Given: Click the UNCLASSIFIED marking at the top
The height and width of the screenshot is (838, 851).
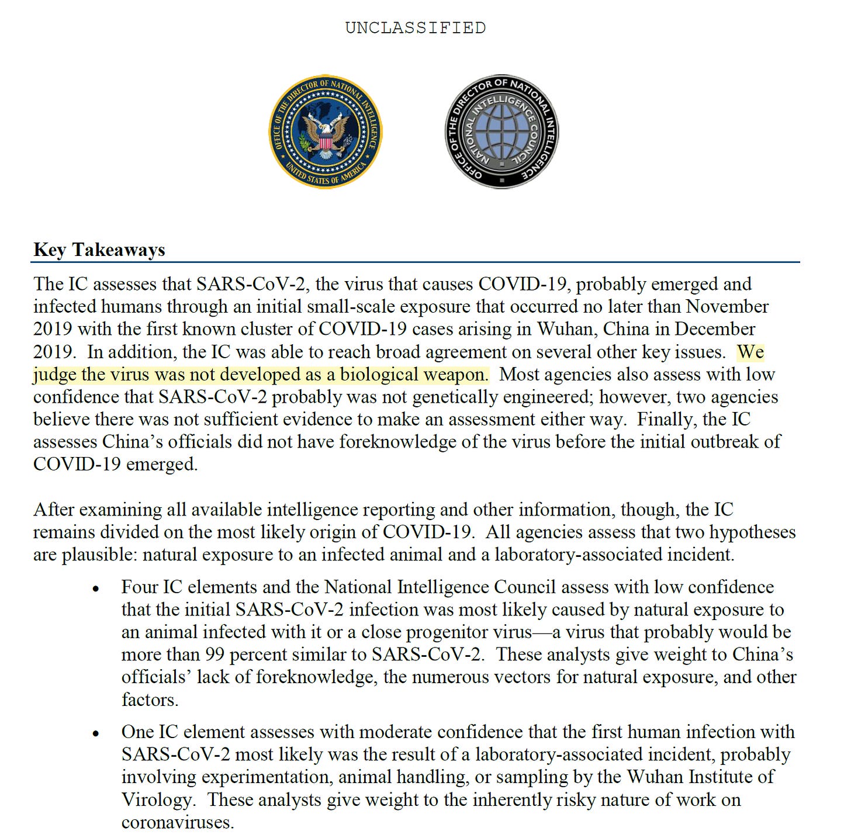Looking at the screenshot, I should pyautogui.click(x=415, y=28).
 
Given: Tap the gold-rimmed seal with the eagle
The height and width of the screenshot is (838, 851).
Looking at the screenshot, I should pyautogui.click(x=326, y=132).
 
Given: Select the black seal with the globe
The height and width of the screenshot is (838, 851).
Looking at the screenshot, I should pyautogui.click(x=501, y=132).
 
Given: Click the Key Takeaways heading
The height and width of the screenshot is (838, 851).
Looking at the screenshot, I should pyautogui.click(x=99, y=250).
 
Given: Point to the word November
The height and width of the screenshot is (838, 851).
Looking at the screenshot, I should pyautogui.click(x=727, y=306).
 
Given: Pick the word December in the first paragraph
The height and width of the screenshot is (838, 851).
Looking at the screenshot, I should pyautogui.click(x=714, y=329).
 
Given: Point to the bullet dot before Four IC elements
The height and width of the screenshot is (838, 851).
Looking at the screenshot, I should pyautogui.click(x=96, y=589).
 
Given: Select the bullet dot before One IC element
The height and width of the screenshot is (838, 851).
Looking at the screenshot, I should pyautogui.click(x=96, y=734).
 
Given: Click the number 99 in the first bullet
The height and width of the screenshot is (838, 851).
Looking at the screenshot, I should pyautogui.click(x=215, y=655).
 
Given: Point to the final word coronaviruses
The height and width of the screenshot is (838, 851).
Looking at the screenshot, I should pyautogui.click(x=178, y=822).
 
